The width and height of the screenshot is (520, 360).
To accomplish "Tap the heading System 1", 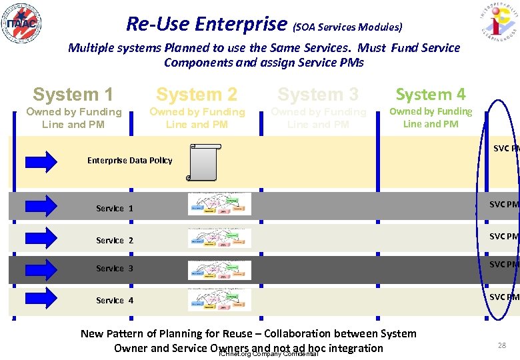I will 73,95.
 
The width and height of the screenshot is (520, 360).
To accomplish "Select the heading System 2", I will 197,95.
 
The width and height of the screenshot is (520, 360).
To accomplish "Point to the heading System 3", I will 318,95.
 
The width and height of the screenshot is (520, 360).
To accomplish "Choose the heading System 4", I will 431,95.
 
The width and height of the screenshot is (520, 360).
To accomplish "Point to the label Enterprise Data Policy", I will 130,161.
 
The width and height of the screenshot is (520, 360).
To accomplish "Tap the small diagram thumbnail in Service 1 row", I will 219,204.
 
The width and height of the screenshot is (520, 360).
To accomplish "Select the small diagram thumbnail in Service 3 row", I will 219,267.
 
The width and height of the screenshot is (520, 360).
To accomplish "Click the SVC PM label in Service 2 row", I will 504,237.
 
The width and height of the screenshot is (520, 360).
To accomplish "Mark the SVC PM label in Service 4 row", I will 504,297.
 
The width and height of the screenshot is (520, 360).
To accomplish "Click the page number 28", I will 502,345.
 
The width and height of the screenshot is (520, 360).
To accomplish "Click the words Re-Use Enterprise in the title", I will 207,24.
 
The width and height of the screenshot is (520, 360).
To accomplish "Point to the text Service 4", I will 115,301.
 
